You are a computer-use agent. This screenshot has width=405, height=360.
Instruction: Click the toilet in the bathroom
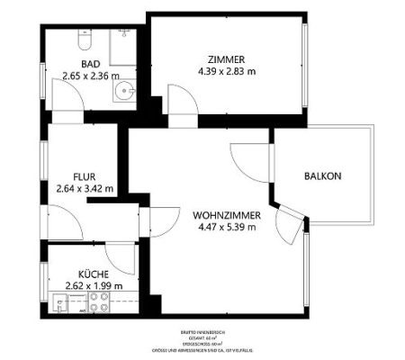[x=83, y=42]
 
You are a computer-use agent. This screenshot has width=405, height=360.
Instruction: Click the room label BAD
[x=89, y=64]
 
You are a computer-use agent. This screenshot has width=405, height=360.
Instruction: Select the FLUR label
[x=86, y=177]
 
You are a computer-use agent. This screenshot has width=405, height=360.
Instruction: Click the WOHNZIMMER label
[x=226, y=215]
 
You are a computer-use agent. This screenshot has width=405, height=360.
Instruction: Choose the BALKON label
[x=321, y=176]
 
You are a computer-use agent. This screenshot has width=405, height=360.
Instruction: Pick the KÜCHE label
[x=94, y=274]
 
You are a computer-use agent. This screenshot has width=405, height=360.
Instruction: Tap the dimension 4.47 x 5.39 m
[x=226, y=228]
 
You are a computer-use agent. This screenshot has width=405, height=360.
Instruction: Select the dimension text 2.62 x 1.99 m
[x=94, y=286]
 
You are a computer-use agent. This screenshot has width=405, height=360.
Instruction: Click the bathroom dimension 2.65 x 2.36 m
[x=89, y=76]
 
